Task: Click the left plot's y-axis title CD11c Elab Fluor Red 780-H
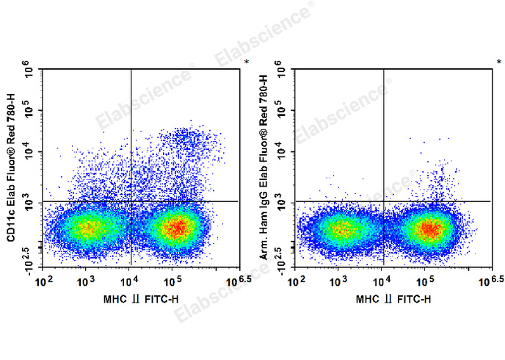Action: [10, 165]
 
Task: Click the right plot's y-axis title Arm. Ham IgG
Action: [263, 165]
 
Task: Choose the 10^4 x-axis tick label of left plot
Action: [130, 281]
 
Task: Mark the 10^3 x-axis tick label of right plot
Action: [338, 281]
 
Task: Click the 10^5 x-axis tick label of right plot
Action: [425, 281]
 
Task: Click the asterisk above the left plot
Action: [246, 62]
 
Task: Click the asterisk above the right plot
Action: [498, 62]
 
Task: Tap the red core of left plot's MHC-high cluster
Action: [176, 228]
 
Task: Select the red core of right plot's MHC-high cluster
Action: [429, 229]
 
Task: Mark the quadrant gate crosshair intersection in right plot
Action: [383, 201]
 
